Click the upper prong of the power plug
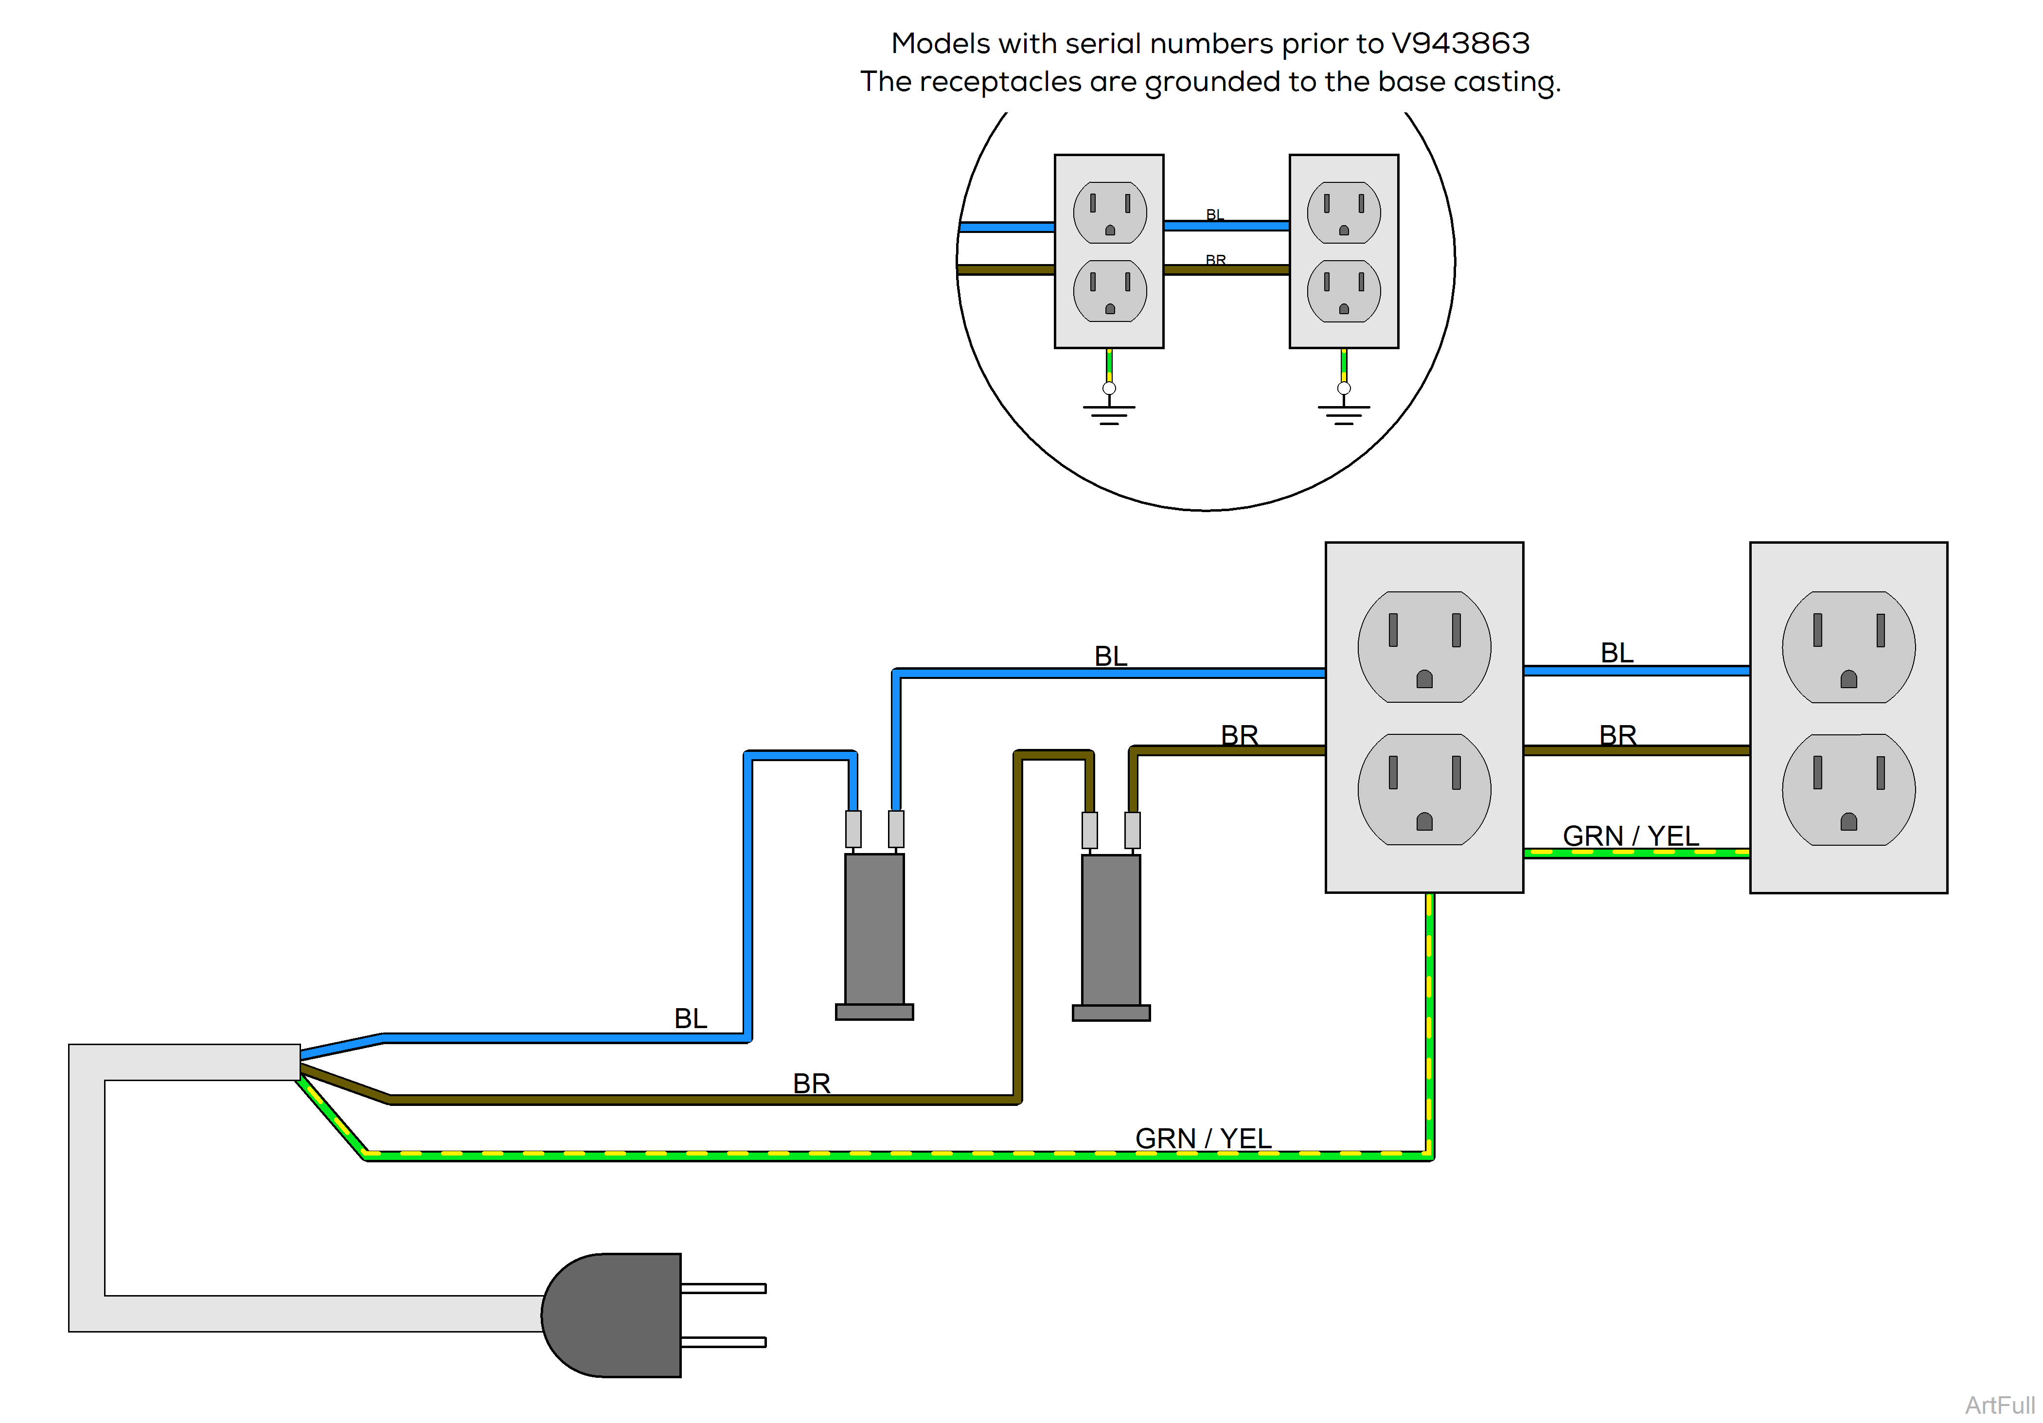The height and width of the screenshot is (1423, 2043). (723, 1288)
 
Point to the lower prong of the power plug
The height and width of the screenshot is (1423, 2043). (723, 1341)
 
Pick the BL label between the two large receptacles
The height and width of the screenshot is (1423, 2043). (1617, 652)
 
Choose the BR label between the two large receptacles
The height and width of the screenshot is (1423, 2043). (1617, 735)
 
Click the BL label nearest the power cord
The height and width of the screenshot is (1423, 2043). (691, 1017)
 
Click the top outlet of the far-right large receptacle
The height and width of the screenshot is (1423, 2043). (1848, 647)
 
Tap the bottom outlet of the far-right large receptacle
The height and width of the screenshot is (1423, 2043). (1848, 789)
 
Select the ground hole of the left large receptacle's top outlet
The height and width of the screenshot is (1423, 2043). (1424, 680)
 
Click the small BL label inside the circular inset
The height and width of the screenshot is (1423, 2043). (1215, 214)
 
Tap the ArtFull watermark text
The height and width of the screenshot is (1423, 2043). (1999, 1405)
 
